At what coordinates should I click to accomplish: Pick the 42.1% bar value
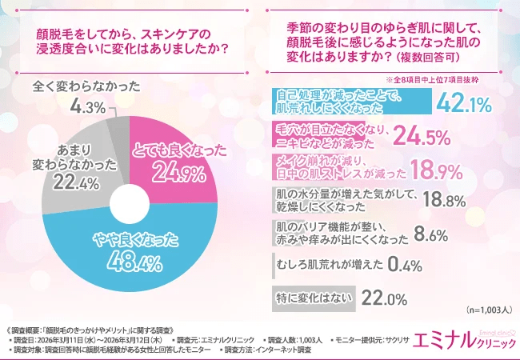462,101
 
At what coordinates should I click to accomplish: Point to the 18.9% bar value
438,170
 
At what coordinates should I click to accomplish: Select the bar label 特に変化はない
311,297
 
